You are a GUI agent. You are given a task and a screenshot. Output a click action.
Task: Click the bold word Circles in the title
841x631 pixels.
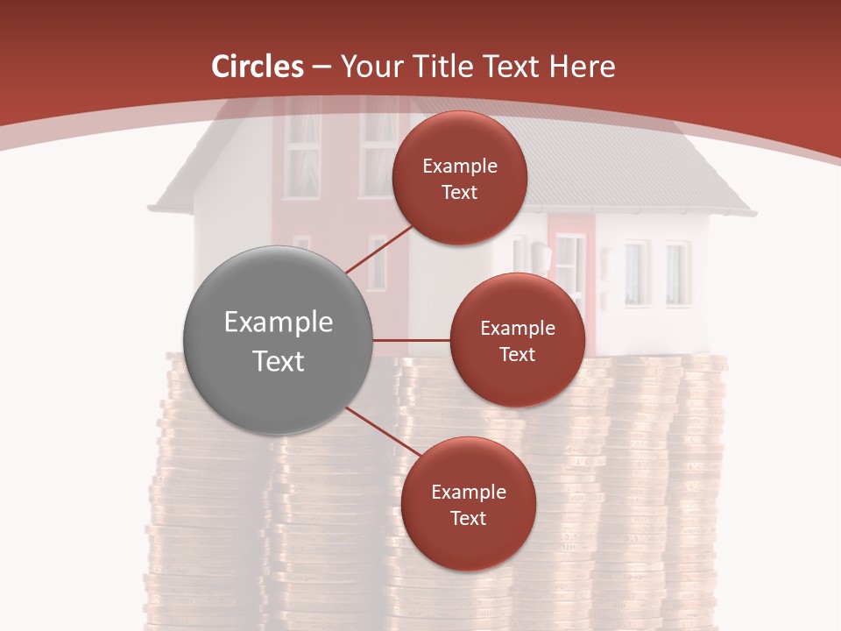coord(258,66)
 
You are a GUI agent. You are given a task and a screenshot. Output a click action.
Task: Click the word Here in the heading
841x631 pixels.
coord(582,66)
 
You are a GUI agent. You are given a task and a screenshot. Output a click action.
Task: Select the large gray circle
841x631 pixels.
coord(278,340)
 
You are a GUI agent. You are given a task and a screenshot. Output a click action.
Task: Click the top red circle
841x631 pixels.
coord(459,178)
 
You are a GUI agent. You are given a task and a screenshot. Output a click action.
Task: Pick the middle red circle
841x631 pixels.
coord(517,340)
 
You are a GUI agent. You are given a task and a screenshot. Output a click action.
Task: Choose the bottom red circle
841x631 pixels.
coord(468,504)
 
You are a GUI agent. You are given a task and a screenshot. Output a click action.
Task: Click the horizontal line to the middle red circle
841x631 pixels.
coord(411,340)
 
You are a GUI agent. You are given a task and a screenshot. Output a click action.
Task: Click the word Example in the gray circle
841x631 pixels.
coord(279,322)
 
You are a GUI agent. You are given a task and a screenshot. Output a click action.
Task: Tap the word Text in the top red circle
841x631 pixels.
coord(459,192)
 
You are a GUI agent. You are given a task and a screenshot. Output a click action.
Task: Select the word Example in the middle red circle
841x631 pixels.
coord(518,328)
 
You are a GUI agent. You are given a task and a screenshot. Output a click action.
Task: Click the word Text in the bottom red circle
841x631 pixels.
coord(468,518)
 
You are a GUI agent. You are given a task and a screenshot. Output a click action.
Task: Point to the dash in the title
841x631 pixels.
coord(322,67)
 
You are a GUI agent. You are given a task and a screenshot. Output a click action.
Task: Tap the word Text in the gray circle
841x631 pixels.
coord(279,360)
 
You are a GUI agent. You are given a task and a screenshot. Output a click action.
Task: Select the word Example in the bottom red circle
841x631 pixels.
coord(469,492)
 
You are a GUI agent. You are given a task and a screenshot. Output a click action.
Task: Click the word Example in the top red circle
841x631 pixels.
coord(460,166)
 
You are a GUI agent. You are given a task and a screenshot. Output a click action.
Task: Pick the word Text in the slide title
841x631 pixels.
coord(512,66)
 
